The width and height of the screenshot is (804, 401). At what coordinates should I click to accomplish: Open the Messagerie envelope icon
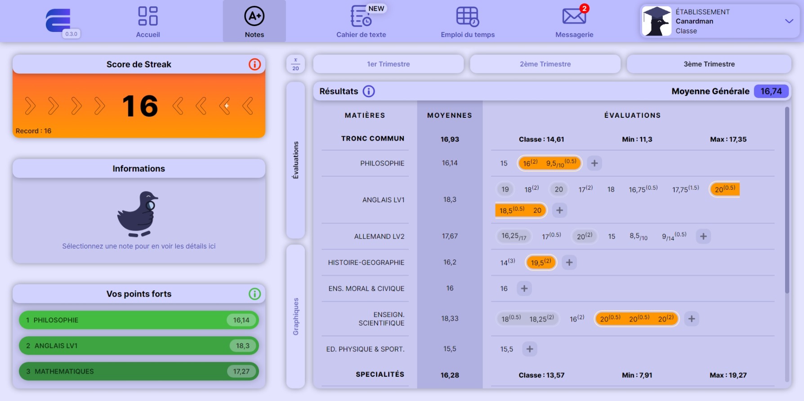[574, 17]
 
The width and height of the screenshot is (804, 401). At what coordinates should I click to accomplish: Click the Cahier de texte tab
[361, 22]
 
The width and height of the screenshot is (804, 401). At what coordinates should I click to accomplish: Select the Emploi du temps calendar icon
[467, 17]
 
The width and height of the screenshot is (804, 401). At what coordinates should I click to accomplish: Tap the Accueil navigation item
[148, 22]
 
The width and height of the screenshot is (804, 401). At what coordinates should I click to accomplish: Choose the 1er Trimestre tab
[388, 64]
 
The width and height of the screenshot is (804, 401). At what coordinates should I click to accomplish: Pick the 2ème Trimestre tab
[545, 64]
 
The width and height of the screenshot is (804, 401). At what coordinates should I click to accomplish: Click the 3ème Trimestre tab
[709, 64]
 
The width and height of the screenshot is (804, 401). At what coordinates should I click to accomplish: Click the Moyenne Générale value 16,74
[771, 91]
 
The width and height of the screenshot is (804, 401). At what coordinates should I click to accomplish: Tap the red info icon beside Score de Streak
[255, 64]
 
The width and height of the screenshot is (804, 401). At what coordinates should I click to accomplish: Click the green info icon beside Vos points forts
[255, 294]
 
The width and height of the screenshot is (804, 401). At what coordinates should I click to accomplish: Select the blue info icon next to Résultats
[369, 91]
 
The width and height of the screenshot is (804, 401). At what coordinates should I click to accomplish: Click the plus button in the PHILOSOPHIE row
[594, 163]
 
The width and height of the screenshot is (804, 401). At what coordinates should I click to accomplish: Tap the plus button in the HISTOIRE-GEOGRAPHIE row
[569, 263]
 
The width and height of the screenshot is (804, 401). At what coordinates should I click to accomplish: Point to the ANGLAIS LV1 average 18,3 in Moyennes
[450, 200]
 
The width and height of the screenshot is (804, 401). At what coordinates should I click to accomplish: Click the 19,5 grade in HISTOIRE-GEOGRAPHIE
[540, 263]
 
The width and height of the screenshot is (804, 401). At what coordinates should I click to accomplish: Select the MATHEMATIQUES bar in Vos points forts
[138, 371]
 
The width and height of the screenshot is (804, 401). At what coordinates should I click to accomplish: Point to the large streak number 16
[140, 106]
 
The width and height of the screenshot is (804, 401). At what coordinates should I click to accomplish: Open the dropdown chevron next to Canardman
[789, 21]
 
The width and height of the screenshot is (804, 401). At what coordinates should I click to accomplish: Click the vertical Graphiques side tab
[295, 316]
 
